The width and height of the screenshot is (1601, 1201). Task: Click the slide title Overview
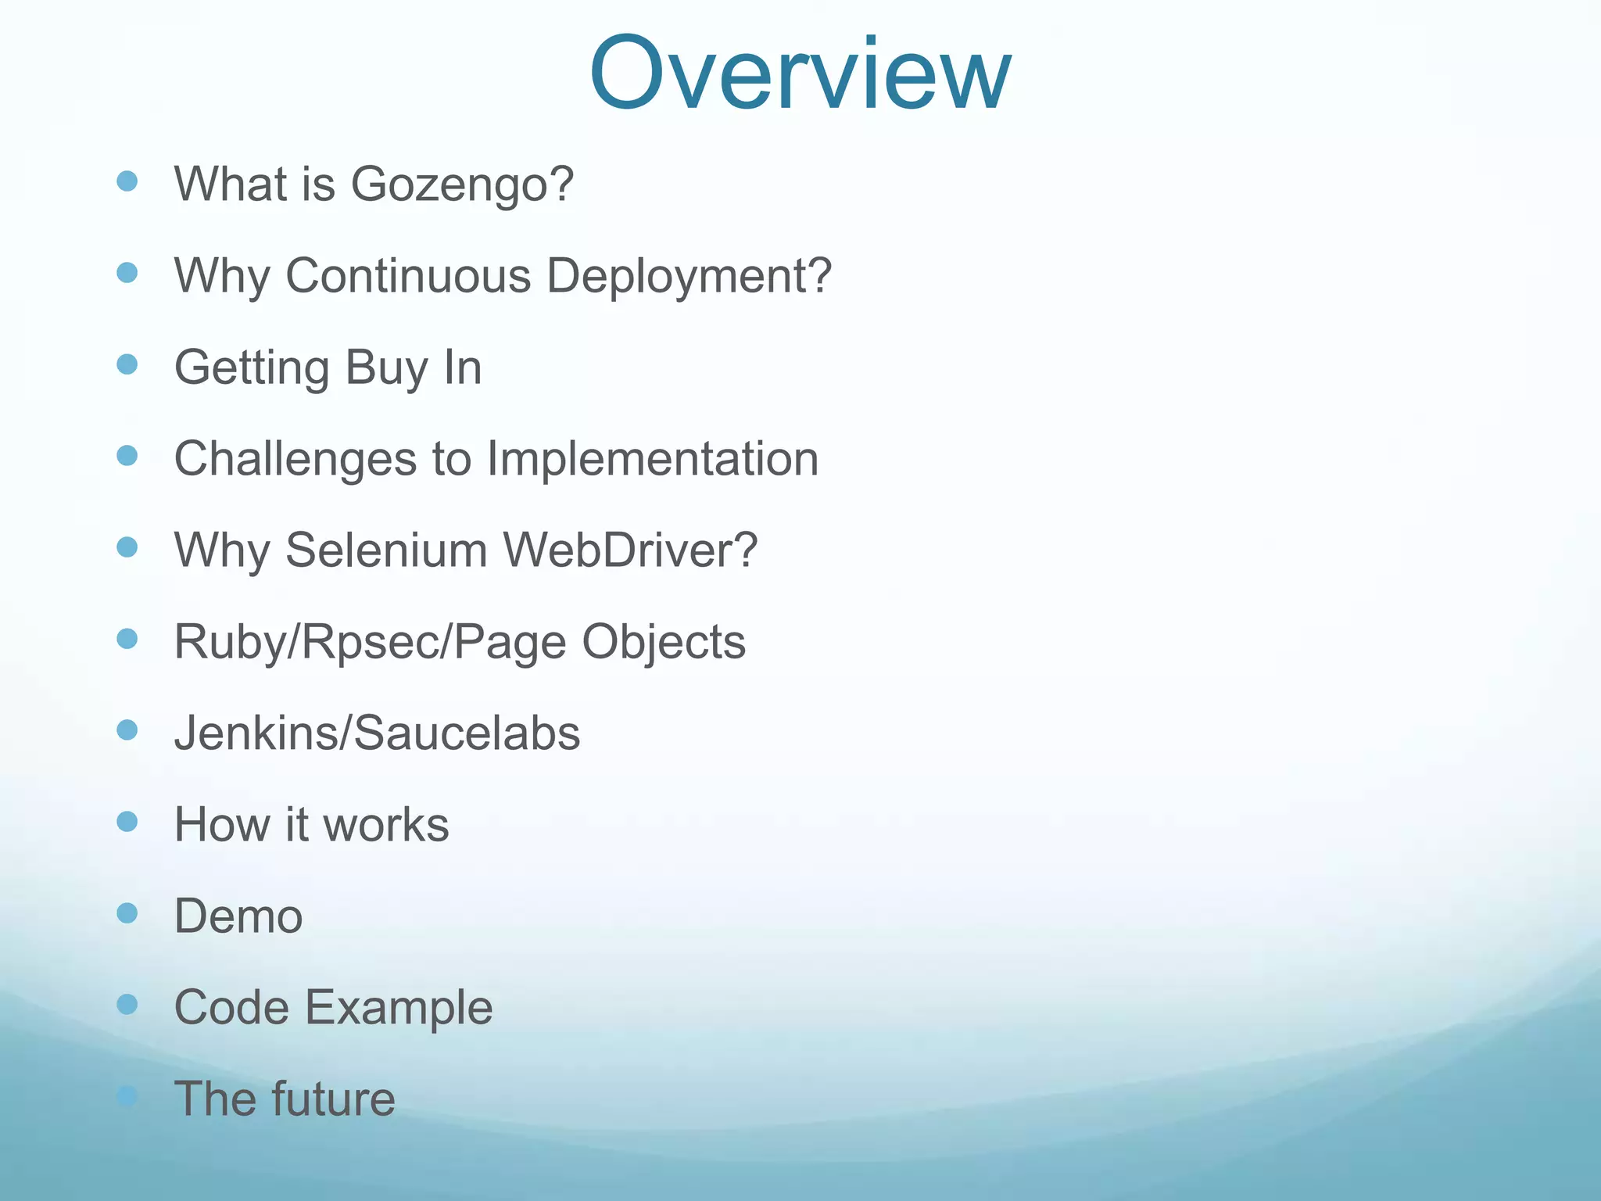[800, 74]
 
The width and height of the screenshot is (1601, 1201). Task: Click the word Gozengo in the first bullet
[461, 185]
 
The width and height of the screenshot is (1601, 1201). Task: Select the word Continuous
[407, 275]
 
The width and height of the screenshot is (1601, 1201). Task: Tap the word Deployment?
[689, 277]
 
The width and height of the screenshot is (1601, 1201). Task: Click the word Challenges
[295, 459]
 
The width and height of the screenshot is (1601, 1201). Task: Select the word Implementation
[653, 459]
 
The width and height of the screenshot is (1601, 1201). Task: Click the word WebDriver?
[630, 550]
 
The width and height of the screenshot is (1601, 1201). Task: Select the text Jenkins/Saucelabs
[377, 733]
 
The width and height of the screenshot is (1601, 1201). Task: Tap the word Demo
[238, 916]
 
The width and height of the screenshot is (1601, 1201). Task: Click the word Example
[399, 1008]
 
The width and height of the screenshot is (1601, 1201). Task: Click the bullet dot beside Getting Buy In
[127, 364]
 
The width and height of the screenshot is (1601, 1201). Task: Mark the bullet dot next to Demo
[127, 912]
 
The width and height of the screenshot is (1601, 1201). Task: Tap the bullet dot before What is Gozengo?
[127, 181]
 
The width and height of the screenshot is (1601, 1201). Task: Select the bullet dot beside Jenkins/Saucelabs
[127, 730]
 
